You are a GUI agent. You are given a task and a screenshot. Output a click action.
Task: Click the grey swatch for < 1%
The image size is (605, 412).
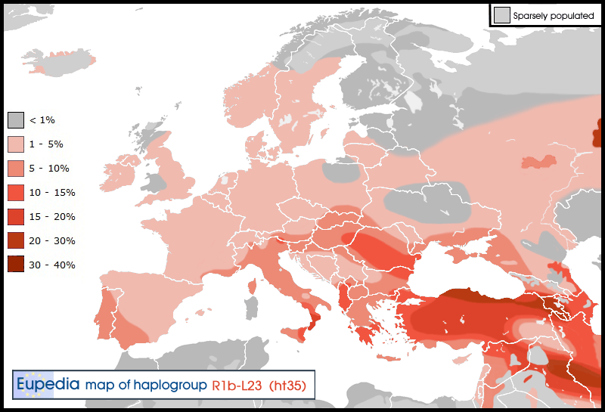tap(17, 120)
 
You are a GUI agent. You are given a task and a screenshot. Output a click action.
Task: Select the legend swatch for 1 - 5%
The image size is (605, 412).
tap(17, 144)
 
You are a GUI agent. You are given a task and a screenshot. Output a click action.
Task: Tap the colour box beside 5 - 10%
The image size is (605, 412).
tap(17, 169)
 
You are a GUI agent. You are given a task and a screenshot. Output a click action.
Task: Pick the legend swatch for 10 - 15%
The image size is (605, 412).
tap(17, 193)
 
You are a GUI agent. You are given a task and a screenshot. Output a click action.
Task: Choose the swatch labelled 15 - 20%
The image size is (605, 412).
tap(17, 217)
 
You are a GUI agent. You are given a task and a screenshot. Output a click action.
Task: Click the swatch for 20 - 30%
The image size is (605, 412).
tap(17, 241)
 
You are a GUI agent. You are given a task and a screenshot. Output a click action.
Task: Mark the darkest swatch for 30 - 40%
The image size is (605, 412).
tap(17, 265)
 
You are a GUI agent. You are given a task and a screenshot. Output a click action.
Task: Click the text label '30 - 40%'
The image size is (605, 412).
tap(52, 265)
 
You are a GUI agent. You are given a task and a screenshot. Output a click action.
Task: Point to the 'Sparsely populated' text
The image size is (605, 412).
tap(554, 15)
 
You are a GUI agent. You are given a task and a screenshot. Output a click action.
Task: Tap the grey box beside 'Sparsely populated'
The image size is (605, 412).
tap(501, 15)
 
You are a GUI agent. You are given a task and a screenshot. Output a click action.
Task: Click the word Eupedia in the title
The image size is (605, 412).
tap(48, 384)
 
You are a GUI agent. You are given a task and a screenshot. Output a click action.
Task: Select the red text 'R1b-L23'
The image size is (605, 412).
tap(237, 385)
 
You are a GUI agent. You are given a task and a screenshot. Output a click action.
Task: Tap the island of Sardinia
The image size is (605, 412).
tap(247, 306)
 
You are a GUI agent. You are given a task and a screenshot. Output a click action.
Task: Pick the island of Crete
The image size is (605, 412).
tap(392, 358)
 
